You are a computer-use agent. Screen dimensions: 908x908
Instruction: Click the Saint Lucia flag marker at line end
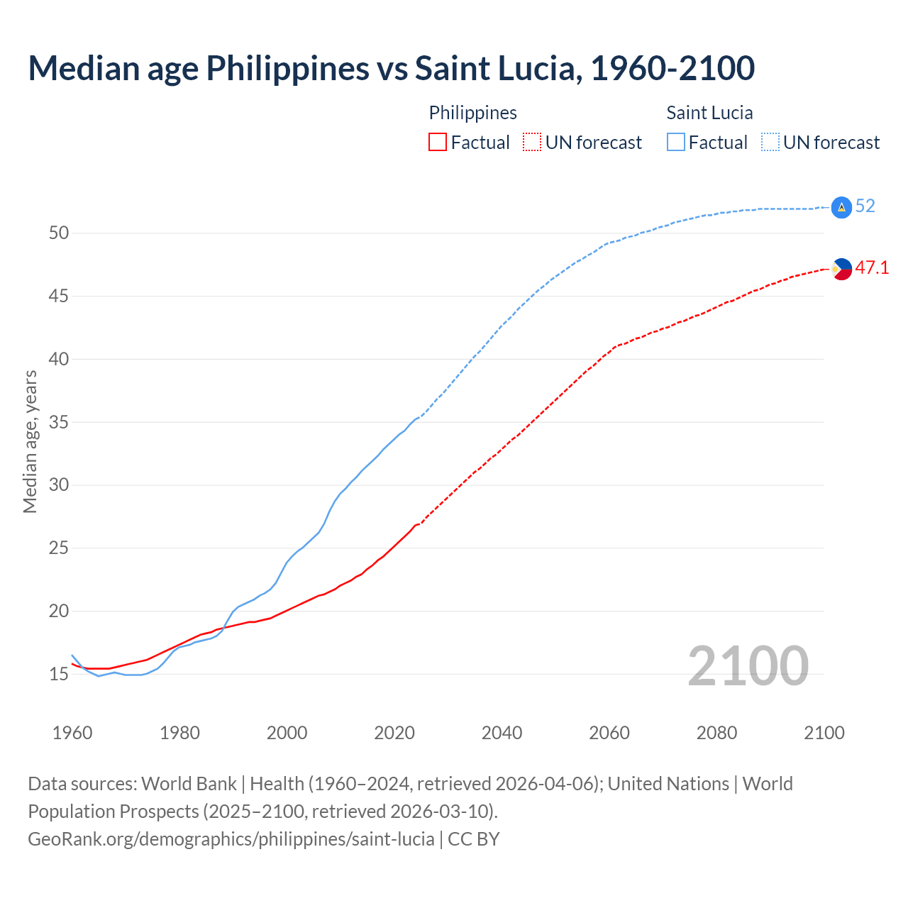pos(841,207)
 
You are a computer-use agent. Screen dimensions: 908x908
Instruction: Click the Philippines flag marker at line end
pos(841,269)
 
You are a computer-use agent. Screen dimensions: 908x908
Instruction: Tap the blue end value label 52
pos(865,206)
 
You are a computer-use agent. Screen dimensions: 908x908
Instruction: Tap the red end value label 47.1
pos(872,268)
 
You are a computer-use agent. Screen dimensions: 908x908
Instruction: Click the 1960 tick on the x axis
pos(72,733)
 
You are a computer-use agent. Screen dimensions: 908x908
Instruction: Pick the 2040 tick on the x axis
pos(502,733)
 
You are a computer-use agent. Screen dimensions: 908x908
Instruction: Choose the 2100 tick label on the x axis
pos(824,733)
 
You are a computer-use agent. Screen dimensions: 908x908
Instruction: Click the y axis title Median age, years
pos(30,441)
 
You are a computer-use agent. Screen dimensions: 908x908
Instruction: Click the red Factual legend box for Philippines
pos(438,143)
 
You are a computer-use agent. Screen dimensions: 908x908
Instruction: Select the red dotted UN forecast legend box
pos(532,143)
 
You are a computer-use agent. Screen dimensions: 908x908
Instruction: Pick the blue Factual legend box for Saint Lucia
pos(676,143)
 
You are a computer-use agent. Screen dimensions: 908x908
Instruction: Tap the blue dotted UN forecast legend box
pos(770,143)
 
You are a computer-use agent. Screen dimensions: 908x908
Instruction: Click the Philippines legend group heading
pos(472,113)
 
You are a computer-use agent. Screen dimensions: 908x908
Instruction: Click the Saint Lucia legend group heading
pos(709,113)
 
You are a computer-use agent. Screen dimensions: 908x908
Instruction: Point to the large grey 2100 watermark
pos(748,666)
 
